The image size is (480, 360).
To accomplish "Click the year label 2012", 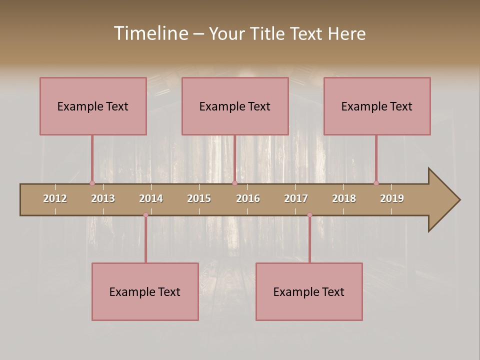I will [55, 198].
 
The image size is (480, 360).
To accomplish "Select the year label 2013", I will [103, 198].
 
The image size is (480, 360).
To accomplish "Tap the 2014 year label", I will [151, 198].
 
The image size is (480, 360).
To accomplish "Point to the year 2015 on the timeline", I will [199, 198].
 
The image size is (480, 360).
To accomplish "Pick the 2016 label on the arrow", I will [248, 198].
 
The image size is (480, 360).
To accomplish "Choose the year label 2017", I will [296, 198].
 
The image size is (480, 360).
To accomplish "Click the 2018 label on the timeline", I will [344, 198].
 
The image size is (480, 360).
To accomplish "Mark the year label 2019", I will [392, 198].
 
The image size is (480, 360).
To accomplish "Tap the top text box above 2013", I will [93, 106].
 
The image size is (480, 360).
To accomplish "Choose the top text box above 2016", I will [235, 106].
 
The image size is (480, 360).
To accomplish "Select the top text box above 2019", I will [377, 106].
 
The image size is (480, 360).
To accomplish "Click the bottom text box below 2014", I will [145, 291].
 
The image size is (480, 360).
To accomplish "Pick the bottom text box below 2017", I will [309, 291].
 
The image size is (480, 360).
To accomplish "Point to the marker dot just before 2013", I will [92, 183].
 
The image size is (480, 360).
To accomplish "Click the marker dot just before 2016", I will [234, 183].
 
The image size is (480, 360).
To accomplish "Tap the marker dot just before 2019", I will [376, 183].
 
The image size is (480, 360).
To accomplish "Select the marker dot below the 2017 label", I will [309, 215].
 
